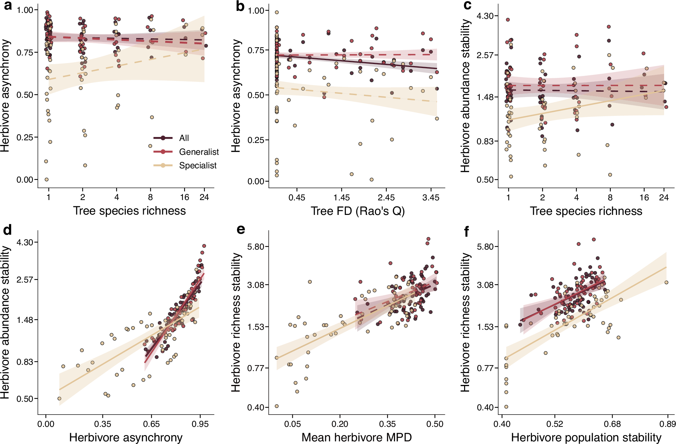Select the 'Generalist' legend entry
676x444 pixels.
(x=199, y=152)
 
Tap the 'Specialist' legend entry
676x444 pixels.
(x=198, y=165)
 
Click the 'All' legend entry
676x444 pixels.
(x=184, y=138)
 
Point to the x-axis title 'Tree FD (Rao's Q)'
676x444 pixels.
(x=358, y=211)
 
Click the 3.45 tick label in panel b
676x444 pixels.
(x=431, y=197)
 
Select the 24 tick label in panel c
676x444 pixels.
(x=664, y=197)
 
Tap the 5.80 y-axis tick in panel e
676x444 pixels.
(x=256, y=247)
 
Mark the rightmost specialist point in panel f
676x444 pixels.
(x=666, y=282)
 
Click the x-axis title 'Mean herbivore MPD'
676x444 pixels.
(x=357, y=437)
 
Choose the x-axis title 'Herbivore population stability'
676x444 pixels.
(x=586, y=437)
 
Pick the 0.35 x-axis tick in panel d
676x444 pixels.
(x=102, y=424)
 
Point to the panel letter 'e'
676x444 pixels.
(x=241, y=229)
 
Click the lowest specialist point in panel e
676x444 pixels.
(x=277, y=406)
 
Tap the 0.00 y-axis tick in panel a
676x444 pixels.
(x=25, y=180)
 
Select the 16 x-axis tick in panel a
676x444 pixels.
(x=184, y=197)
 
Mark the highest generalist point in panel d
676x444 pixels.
(x=204, y=246)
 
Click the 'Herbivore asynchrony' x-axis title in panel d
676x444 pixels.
(x=126, y=437)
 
